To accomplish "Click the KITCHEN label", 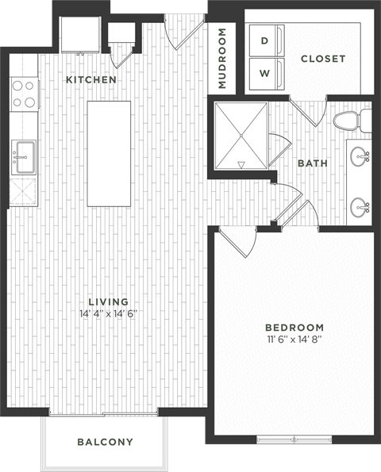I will tap(91, 80).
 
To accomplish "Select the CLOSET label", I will tap(323, 59).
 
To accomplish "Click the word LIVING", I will tap(109, 301).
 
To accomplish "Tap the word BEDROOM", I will tap(294, 328).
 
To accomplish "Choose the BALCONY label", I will tap(105, 442).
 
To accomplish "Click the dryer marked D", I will tap(265, 39).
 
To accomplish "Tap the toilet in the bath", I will tap(347, 121).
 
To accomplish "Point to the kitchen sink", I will tap(22, 157).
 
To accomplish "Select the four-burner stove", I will tap(22, 94).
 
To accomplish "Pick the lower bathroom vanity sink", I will tap(362, 208).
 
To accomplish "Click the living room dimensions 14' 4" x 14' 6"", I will tap(109, 313).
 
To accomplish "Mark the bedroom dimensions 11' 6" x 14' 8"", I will tap(294, 340).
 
